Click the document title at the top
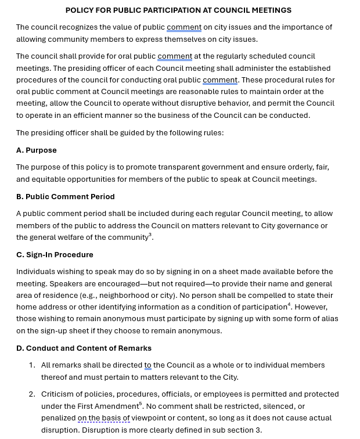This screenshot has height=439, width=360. point(178,10)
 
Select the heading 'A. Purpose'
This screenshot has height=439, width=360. point(37,150)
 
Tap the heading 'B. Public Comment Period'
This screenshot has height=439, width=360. point(66,196)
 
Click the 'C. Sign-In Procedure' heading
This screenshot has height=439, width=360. point(55,254)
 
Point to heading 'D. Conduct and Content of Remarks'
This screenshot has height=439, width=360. point(84,348)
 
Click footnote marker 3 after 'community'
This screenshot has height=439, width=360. point(150,235)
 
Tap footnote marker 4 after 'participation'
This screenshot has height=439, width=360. point(289,304)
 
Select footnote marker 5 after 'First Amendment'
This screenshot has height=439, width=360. point(141,404)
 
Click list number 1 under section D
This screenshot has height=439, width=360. point(32,365)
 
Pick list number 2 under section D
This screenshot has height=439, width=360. point(32,394)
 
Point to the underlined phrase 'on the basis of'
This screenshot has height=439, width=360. point(103,418)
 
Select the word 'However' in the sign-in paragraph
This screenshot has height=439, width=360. point(311,307)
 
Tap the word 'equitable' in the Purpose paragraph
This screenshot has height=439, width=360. point(49,179)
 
